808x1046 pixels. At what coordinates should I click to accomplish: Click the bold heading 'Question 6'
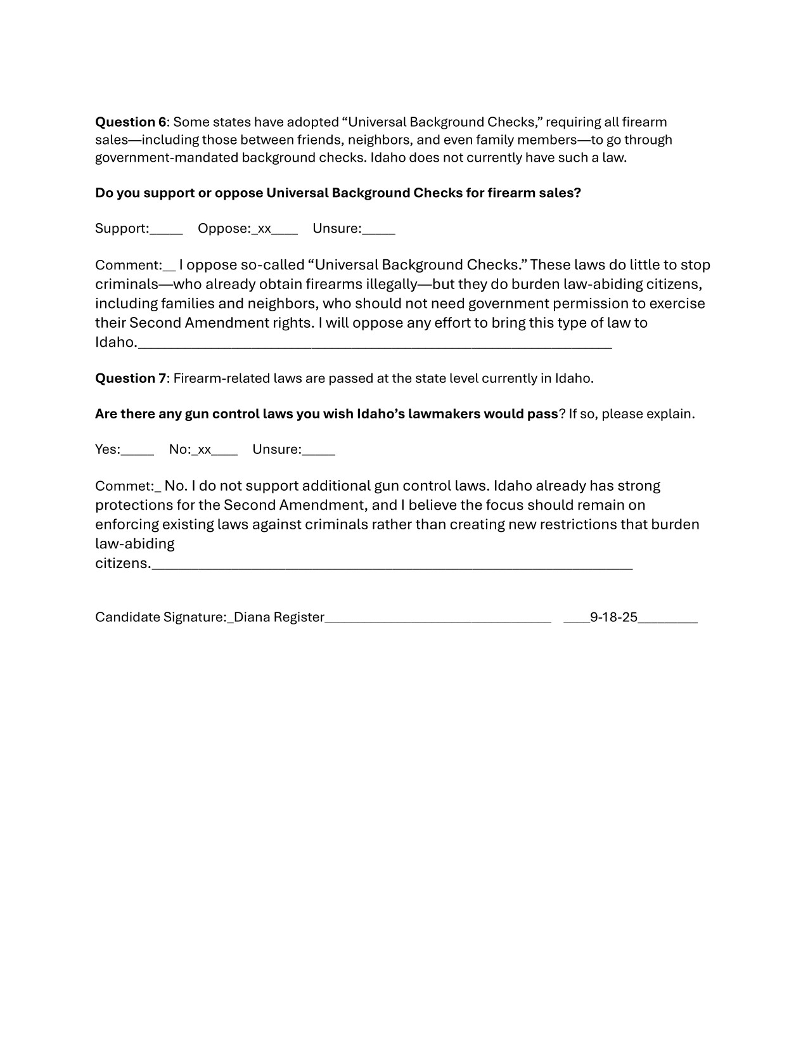131,122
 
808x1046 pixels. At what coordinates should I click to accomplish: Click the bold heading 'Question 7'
131,378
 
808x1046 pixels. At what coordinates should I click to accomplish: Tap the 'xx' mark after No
203,449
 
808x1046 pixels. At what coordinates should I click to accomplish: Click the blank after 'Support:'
167,229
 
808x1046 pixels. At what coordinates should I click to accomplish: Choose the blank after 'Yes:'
138,449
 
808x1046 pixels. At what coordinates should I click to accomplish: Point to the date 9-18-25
613,617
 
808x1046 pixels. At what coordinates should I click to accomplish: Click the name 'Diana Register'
279,617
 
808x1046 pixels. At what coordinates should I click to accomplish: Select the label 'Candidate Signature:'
160,617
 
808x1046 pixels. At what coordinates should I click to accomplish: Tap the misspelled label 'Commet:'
124,486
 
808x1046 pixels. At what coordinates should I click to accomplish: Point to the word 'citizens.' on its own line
123,564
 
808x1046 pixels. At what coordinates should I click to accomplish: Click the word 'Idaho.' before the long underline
116,342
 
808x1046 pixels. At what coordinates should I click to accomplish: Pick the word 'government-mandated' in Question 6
166,157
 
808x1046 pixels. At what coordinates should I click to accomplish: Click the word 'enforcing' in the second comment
126,524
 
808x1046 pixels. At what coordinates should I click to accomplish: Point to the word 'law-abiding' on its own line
134,544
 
